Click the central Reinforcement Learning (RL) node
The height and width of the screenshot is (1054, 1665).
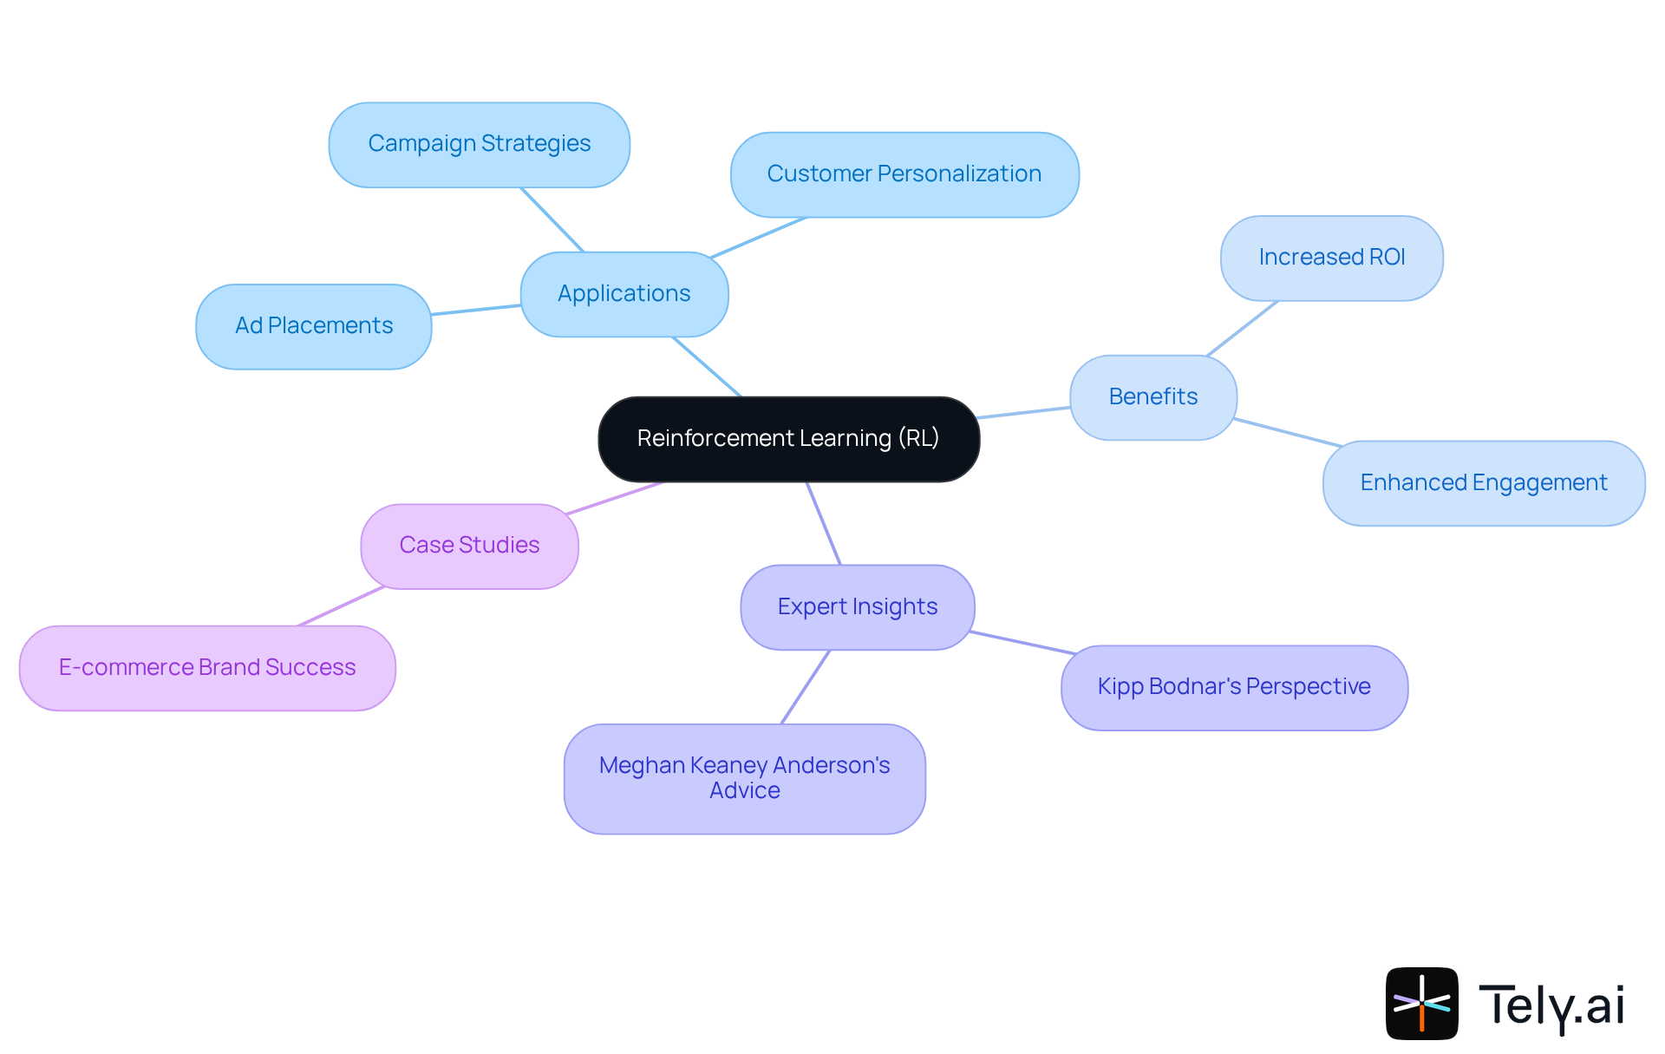coord(788,439)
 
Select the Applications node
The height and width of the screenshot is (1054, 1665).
coord(624,294)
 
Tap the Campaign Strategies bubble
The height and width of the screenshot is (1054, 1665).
coord(479,144)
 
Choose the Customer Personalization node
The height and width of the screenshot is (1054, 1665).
coord(904,174)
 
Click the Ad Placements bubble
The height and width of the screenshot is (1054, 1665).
coord(313,326)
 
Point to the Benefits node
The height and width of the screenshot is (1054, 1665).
coord(1152,397)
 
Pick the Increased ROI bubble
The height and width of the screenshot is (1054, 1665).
coord(1331,258)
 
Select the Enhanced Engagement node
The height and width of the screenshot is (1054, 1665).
coord(1483,483)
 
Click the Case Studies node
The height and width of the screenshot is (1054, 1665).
coord(469,546)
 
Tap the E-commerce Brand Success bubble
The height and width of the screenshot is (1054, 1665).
coord(207,668)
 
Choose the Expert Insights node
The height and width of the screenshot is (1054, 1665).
coord(857,607)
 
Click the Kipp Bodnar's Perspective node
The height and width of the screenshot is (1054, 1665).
coord(1233,687)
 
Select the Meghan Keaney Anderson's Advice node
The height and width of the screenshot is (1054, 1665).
coord(744,778)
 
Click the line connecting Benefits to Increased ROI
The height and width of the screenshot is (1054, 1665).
coord(1242,329)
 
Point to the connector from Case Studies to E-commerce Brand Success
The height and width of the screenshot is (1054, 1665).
coord(341,606)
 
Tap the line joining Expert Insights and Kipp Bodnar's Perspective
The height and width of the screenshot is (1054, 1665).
coord(1023,643)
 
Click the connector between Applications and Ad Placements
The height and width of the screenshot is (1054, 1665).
coord(476,310)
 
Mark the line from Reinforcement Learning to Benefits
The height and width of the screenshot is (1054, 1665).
coord(1023,413)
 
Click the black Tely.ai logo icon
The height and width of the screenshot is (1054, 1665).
coord(1421,1003)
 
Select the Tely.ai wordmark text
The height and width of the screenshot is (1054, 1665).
coord(1551,1006)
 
